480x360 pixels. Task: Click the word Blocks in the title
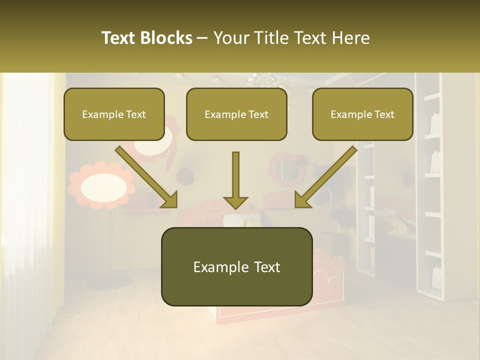[x=167, y=38]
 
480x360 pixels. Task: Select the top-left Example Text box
[x=114, y=114]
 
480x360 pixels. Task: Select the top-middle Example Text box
[x=236, y=114]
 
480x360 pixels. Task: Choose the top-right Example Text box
[x=362, y=114]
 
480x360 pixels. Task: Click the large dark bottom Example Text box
[x=236, y=266]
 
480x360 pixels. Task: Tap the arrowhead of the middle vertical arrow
[x=235, y=202]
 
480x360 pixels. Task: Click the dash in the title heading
[x=202, y=38]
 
